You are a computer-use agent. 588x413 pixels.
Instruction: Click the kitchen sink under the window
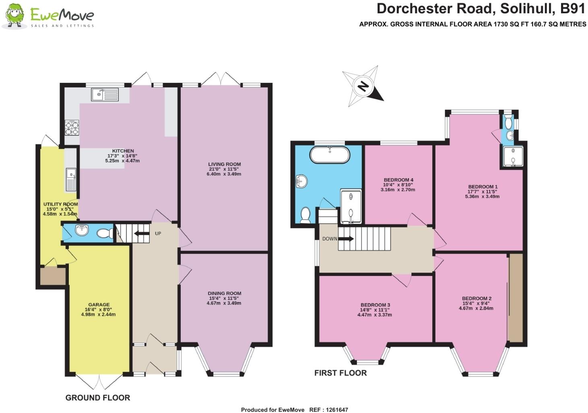point(105,95)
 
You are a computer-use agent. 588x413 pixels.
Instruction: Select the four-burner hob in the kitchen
point(72,127)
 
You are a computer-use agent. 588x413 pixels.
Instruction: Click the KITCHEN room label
point(123,151)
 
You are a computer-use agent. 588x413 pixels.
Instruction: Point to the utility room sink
point(71,179)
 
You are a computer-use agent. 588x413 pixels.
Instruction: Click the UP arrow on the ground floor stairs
point(141,233)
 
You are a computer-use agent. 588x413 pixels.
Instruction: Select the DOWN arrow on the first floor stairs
point(346,238)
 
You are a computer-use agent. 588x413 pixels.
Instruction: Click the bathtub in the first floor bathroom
point(330,154)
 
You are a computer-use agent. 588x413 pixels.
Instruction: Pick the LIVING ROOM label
point(224,164)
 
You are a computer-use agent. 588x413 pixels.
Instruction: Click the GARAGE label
point(98,305)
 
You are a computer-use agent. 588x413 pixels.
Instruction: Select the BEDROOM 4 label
point(398,180)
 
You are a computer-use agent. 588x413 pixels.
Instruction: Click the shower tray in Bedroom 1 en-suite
point(512,157)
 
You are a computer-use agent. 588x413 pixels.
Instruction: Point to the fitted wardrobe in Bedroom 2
point(516,298)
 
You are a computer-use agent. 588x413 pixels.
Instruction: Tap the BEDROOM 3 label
point(375,305)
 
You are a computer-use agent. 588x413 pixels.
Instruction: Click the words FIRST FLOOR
point(340,373)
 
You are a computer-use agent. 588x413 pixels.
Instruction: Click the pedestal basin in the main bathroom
point(301,181)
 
